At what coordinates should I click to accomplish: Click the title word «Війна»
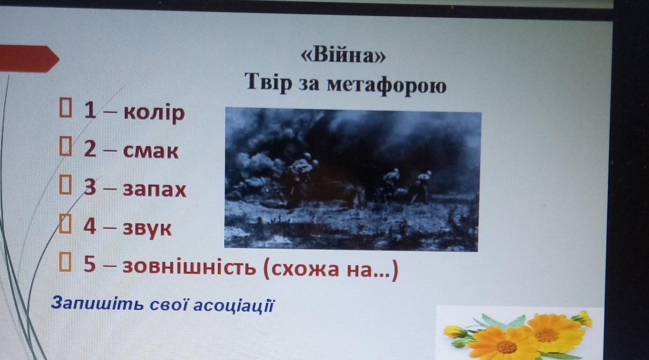(x=344, y=55)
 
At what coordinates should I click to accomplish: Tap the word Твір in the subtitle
(x=268, y=82)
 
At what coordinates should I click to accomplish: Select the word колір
(x=154, y=113)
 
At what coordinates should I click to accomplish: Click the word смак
(x=151, y=151)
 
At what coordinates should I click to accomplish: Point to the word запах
(x=154, y=189)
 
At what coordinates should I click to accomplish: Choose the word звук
(x=147, y=229)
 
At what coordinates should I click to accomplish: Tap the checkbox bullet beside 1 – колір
(x=65, y=107)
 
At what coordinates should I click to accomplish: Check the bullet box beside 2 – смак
(x=65, y=146)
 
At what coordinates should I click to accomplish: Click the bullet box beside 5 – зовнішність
(x=65, y=262)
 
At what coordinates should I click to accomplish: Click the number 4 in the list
(x=90, y=226)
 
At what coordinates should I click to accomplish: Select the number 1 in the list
(x=90, y=110)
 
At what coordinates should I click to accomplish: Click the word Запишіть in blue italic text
(x=98, y=304)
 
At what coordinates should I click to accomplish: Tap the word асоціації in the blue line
(x=233, y=306)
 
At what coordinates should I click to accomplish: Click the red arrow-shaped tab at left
(x=29, y=58)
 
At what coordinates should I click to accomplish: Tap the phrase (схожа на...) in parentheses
(x=330, y=270)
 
